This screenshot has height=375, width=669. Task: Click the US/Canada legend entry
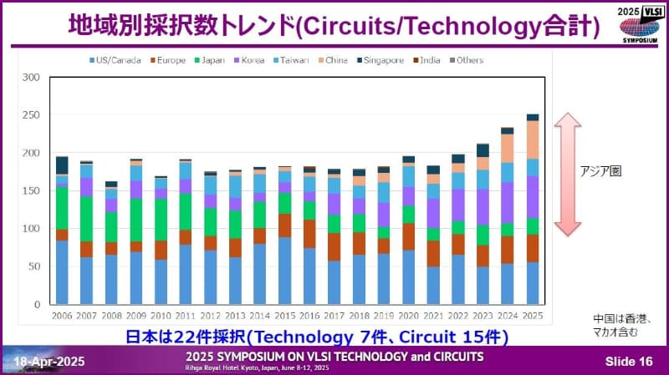point(118,60)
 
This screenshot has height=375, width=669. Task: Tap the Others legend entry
point(468,60)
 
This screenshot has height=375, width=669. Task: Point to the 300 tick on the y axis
point(32,78)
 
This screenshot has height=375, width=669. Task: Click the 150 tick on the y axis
point(32,191)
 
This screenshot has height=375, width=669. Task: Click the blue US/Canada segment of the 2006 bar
point(62,272)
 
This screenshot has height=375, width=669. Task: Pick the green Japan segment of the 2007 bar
point(87,219)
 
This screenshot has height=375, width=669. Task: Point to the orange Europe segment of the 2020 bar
point(408,237)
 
